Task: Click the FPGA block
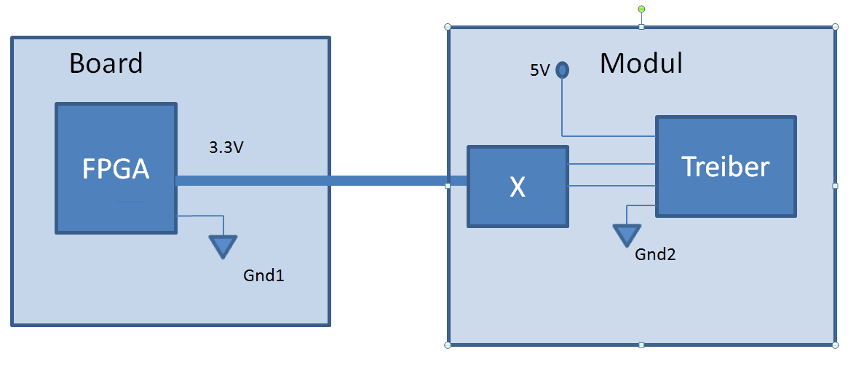click(x=116, y=168)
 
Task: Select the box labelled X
click(x=517, y=186)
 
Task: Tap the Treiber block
click(x=726, y=166)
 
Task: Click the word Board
click(x=106, y=63)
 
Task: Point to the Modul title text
click(x=641, y=63)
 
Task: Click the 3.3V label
click(x=226, y=149)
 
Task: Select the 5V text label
click(x=539, y=71)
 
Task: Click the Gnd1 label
click(x=263, y=276)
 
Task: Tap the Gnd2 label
click(x=656, y=254)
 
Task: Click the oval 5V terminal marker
click(x=562, y=70)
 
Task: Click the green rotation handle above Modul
click(x=641, y=9)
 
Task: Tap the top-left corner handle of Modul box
click(x=448, y=27)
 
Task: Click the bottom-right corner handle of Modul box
click(x=835, y=345)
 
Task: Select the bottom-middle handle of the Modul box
click(x=641, y=345)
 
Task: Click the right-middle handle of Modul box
click(x=835, y=186)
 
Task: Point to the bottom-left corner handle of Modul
click(x=448, y=345)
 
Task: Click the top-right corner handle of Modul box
click(x=835, y=27)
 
